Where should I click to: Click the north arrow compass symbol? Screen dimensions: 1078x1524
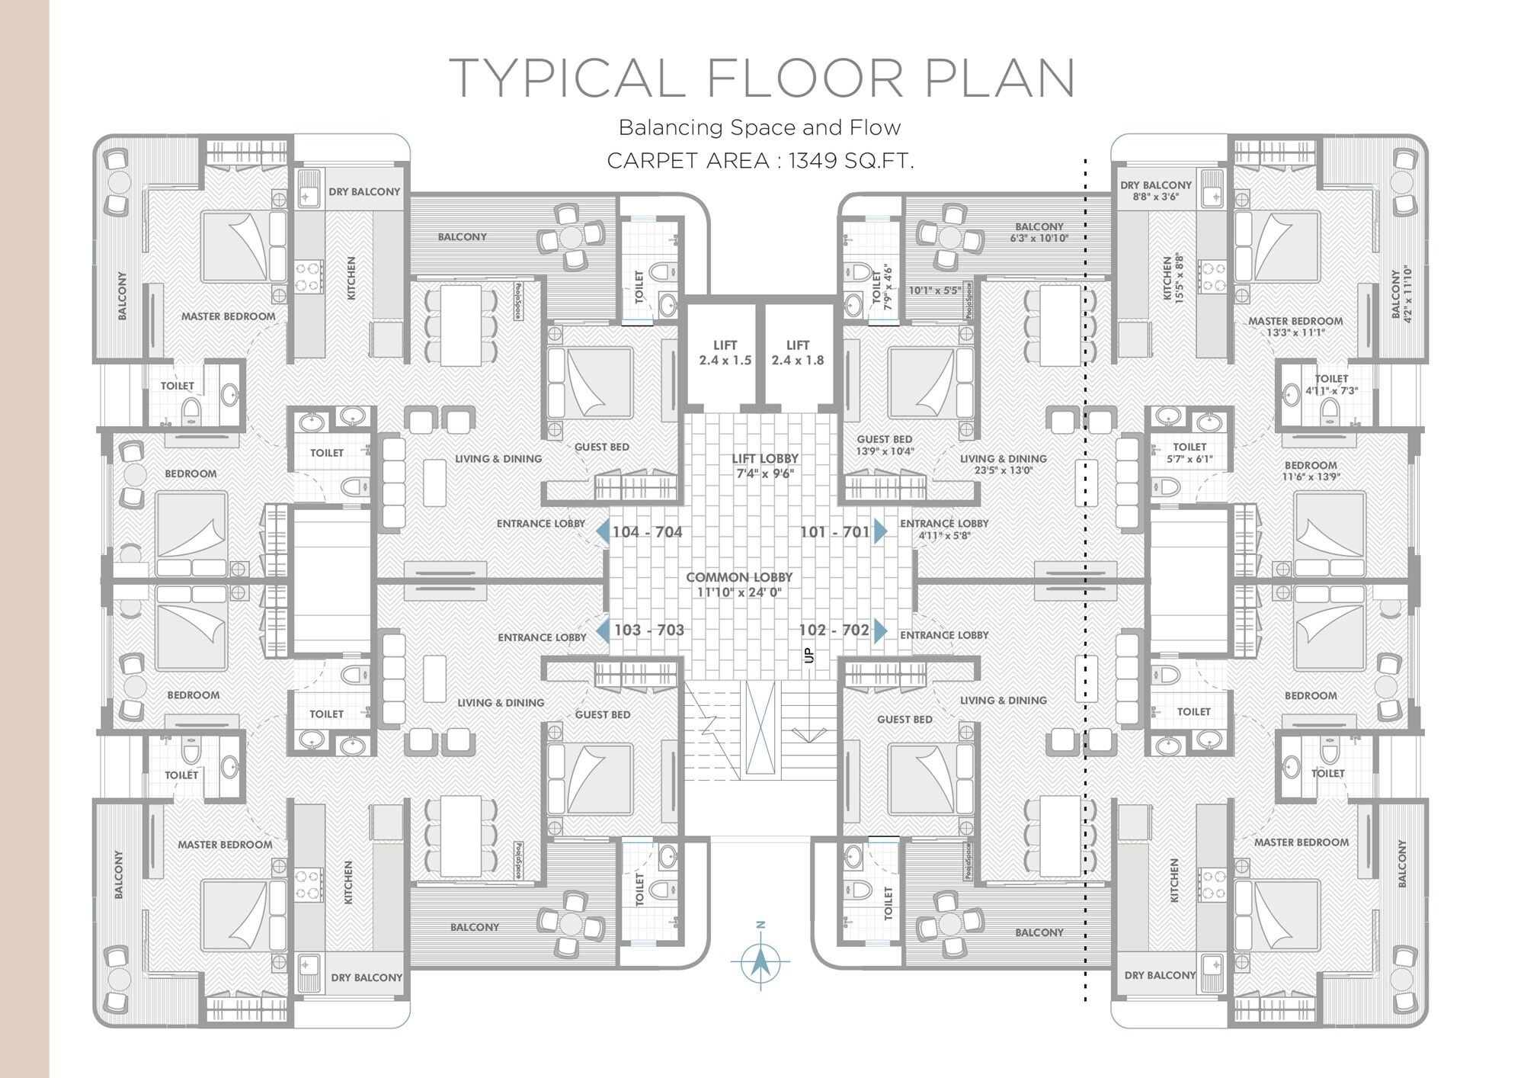(760, 961)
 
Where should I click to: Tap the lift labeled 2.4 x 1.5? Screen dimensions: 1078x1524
(725, 353)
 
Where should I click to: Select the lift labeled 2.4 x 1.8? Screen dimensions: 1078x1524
(797, 353)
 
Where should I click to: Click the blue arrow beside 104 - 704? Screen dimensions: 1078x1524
(603, 531)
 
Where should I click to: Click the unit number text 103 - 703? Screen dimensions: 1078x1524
(648, 630)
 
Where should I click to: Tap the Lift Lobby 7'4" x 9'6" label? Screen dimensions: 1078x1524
(764, 466)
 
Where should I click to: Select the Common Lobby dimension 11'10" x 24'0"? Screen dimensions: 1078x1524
(739, 592)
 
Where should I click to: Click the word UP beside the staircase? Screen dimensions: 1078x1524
(809, 654)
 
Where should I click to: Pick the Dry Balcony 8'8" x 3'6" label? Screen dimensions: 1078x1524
(1155, 191)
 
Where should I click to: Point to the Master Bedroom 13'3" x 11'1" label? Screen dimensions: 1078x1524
(1295, 326)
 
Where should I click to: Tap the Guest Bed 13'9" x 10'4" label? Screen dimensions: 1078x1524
(885, 445)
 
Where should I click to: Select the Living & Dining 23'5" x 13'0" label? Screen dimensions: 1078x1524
(1003, 464)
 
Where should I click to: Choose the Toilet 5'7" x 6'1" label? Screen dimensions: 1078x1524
(1189, 453)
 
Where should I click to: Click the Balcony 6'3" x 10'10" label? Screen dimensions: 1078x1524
(1039, 232)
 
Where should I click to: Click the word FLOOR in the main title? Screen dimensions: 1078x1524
(805, 78)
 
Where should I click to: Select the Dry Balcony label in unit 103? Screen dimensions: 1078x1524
(366, 977)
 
